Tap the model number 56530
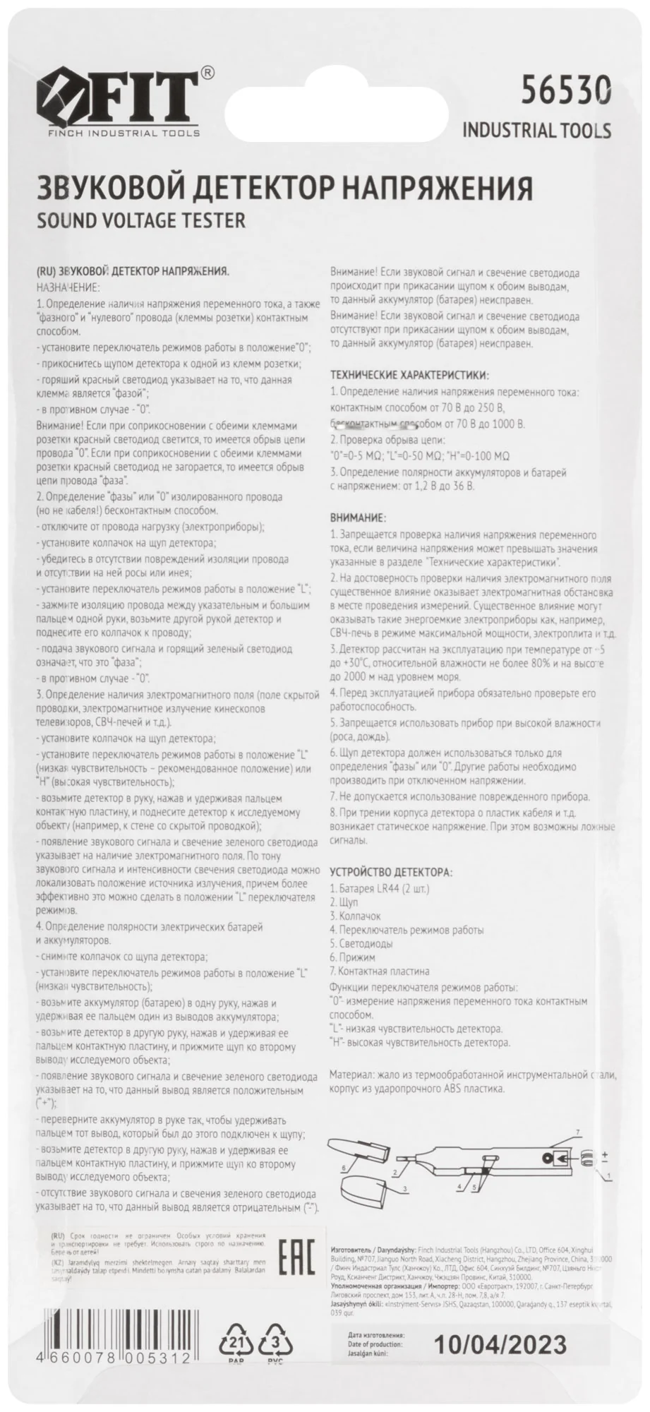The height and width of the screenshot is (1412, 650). [565, 92]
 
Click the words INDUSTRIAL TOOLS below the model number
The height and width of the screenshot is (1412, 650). [536, 131]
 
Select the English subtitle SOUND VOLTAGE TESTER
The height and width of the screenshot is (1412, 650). [140, 220]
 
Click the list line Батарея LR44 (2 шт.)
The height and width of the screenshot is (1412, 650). [380, 888]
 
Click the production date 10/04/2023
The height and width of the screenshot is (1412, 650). [500, 1341]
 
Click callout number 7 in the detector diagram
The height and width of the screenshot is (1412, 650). [577, 1132]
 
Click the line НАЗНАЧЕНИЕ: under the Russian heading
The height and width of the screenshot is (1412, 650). [68, 287]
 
